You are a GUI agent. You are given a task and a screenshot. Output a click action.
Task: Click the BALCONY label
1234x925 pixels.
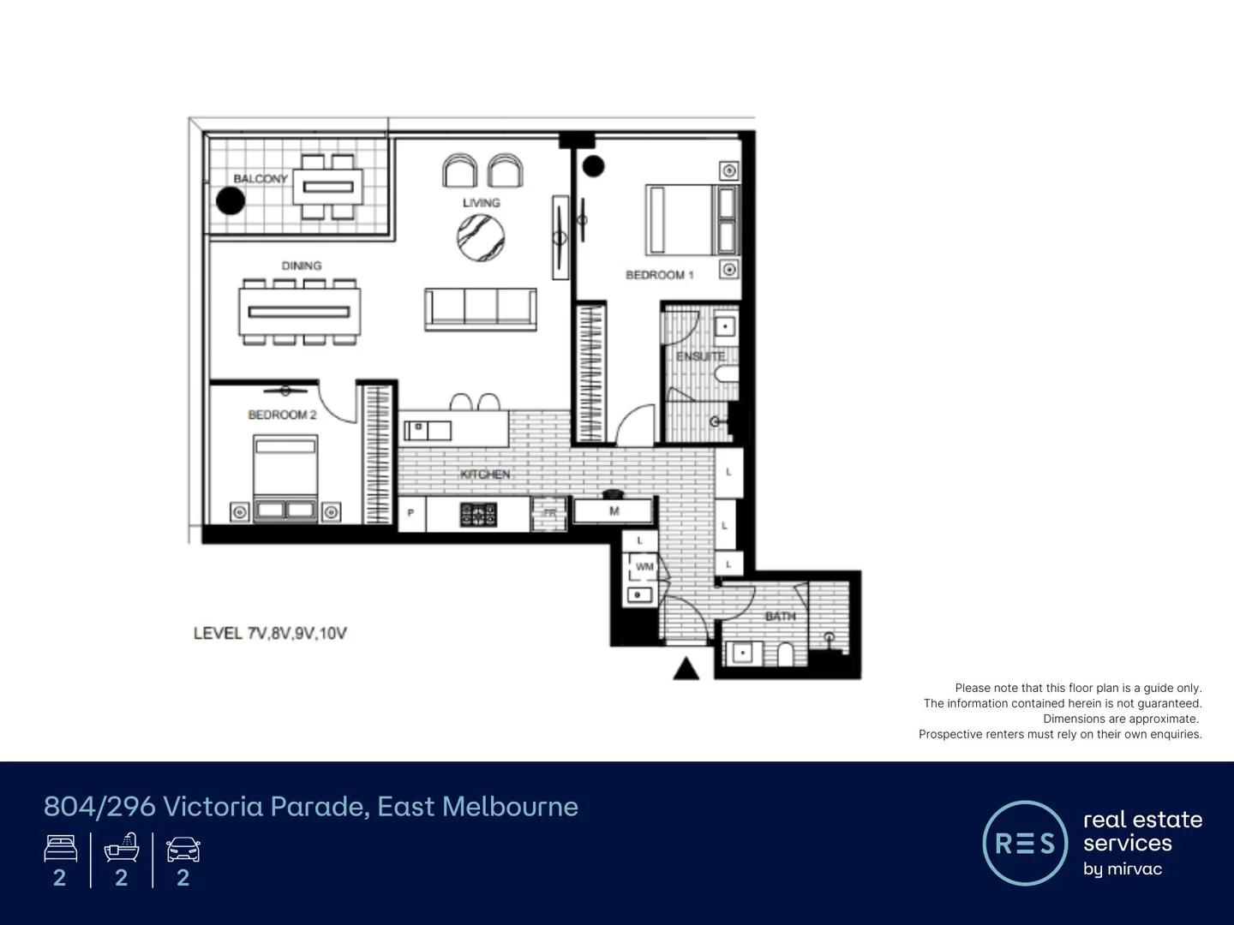tap(261, 179)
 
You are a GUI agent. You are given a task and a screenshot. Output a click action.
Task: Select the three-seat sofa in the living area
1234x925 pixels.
tap(481, 309)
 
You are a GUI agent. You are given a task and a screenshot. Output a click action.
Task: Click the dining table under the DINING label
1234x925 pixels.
tap(299, 312)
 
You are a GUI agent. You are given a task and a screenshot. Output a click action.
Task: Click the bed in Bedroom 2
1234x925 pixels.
tap(285, 478)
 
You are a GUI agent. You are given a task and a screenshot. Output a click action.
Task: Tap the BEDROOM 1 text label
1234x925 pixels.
tap(659, 275)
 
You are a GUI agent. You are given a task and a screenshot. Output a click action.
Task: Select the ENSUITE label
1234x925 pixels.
tap(700, 356)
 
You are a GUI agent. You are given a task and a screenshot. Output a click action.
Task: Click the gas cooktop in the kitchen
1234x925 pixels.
tap(478, 515)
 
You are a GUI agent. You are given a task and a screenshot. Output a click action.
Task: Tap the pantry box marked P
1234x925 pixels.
tap(411, 514)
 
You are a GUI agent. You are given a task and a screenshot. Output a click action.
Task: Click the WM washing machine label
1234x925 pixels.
tap(644, 567)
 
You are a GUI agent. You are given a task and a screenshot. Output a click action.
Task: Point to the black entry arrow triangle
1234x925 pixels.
tap(686, 669)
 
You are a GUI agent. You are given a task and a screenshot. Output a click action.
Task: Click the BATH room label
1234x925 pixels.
tap(780, 617)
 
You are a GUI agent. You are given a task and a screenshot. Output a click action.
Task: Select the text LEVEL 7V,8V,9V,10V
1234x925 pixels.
tap(270, 634)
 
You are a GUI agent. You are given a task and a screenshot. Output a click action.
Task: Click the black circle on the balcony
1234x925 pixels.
tap(231, 201)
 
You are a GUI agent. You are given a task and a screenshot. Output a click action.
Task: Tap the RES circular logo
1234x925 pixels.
tap(1024, 844)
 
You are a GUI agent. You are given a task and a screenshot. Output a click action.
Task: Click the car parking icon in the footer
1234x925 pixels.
tap(183, 850)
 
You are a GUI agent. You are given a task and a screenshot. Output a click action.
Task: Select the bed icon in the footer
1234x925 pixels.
tap(60, 850)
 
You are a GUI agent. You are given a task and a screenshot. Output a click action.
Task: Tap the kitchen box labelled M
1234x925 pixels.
tap(614, 511)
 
